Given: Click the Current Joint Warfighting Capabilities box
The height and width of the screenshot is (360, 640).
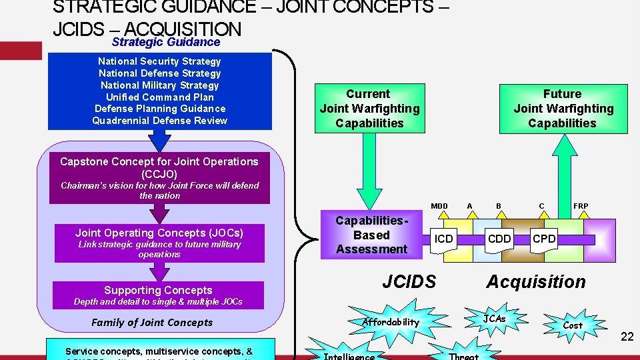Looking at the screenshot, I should click(369, 109).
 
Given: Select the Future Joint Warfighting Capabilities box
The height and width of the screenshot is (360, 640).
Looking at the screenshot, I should click(563, 109).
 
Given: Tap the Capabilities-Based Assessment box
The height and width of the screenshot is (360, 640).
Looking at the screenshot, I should click(371, 235).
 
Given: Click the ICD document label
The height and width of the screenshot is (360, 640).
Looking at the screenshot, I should click(443, 239).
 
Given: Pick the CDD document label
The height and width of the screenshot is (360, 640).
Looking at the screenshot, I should click(499, 239).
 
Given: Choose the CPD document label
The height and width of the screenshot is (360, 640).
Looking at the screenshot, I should click(544, 239).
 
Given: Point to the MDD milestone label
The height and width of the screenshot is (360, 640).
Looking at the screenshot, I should click(439, 206).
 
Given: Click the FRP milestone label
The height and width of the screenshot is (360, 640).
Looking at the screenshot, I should click(581, 206).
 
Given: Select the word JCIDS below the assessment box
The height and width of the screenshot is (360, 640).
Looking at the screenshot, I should click(409, 282).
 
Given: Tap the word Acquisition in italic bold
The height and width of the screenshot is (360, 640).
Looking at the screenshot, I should click(536, 282).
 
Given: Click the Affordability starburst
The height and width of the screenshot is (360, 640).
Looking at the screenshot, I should click(391, 322).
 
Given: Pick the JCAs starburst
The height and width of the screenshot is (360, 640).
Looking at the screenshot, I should click(494, 319).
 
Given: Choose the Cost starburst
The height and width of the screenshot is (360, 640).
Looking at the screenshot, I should click(573, 325).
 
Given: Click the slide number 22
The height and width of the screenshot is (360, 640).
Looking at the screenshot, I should click(627, 337).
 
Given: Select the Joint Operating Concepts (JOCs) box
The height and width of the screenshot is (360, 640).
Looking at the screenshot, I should click(159, 243).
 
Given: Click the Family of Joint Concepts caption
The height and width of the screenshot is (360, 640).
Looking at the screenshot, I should click(152, 323).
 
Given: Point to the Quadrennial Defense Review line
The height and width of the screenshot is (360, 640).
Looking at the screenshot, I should click(160, 121).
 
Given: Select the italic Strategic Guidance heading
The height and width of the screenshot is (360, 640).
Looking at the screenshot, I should click(166, 42).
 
